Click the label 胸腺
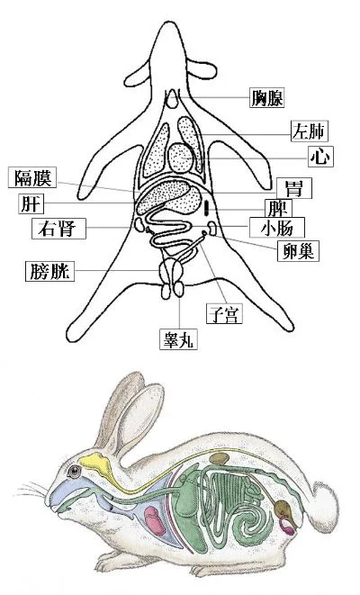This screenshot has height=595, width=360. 266,98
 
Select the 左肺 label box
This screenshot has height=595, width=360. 309,131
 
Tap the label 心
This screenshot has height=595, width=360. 321,157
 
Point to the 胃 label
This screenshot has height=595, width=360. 294,188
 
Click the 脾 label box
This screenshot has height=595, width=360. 278,208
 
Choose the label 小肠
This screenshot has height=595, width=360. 277,228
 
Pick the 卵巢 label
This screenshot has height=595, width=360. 298,251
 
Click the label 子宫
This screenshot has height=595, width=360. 224,314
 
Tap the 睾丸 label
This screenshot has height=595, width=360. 178,339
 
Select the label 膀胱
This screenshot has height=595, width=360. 49,271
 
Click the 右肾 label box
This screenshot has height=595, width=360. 58,229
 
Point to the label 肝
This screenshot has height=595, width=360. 31,203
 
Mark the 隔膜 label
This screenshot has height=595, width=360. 32,177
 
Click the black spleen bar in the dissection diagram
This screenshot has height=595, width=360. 206,208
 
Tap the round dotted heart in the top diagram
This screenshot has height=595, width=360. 181,158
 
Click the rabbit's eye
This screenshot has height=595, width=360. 74,472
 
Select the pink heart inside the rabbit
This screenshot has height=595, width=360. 155,520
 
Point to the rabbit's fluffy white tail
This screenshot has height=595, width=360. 324,509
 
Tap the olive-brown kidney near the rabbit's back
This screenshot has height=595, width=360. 220,458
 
